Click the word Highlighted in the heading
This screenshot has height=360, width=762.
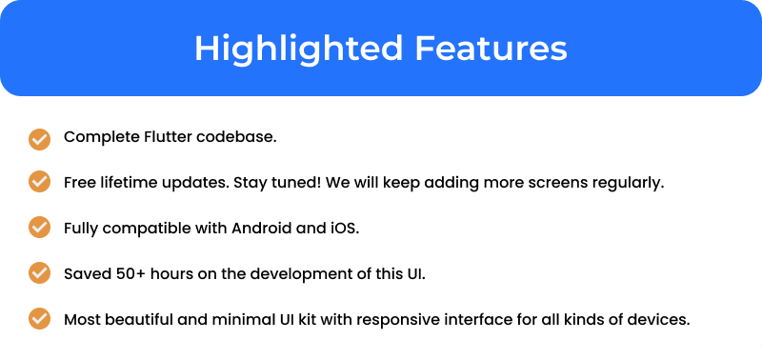298,49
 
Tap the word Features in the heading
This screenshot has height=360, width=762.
491,49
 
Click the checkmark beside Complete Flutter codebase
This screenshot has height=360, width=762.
39,139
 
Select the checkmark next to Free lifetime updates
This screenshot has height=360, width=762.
39,182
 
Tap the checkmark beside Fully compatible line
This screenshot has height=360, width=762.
39,228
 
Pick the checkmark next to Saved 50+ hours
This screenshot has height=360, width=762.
39,273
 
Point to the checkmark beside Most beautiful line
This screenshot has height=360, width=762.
39,319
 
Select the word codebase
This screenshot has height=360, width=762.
236,137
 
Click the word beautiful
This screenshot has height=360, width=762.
138,320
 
